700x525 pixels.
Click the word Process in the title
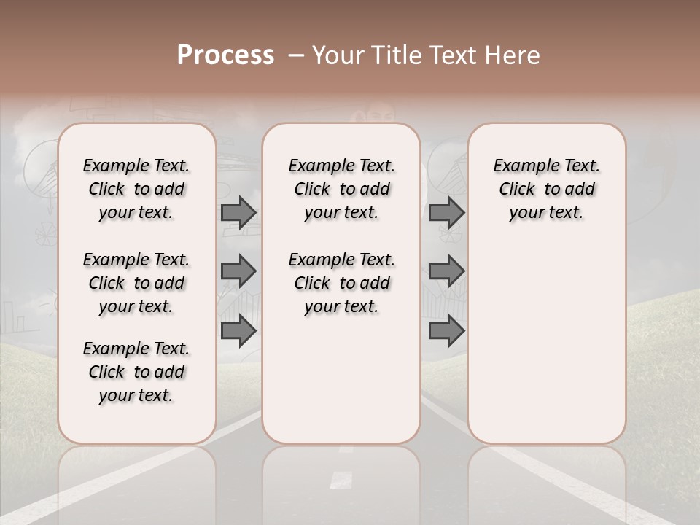(x=225, y=55)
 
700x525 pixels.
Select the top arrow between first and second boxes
(x=238, y=212)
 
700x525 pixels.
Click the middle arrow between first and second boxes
(x=238, y=271)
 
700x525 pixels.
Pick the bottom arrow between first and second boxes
(x=238, y=331)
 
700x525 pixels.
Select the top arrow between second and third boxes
(x=446, y=212)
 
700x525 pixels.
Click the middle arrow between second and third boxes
(x=446, y=271)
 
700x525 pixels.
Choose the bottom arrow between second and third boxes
(x=446, y=331)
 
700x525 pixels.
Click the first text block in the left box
(x=136, y=189)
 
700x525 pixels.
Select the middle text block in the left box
(x=136, y=283)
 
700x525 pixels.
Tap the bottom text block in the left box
(x=136, y=372)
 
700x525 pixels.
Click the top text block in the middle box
(x=341, y=189)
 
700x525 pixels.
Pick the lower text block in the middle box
(x=341, y=283)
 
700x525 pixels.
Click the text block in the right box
(x=546, y=189)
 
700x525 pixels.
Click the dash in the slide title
(x=296, y=55)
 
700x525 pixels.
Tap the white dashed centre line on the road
(x=340, y=478)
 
